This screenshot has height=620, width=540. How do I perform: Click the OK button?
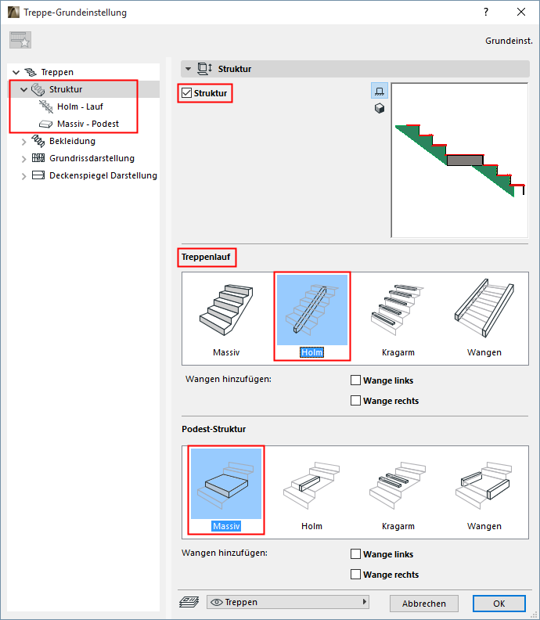[499, 604]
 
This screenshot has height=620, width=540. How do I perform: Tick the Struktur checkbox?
[186, 93]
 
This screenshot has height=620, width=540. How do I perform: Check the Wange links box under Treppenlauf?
[355, 380]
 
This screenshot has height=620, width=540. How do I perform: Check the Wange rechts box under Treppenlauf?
[355, 401]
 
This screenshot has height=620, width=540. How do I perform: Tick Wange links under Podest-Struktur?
[355, 554]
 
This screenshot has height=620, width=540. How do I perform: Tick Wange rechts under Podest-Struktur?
[355, 574]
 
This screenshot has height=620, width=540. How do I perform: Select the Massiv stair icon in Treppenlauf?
[226, 309]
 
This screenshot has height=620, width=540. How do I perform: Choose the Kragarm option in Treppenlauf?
[398, 309]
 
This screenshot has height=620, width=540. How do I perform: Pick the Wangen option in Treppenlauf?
[484, 309]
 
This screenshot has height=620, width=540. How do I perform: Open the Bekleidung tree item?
[72, 141]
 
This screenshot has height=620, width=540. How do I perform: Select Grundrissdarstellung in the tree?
[92, 158]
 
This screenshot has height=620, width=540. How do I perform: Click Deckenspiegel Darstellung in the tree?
[103, 175]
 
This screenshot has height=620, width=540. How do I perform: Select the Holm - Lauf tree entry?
[80, 106]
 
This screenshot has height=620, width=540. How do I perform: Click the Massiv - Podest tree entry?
[88, 124]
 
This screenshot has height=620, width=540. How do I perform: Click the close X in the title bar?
[521, 13]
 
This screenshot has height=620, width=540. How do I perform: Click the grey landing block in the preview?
[465, 160]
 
